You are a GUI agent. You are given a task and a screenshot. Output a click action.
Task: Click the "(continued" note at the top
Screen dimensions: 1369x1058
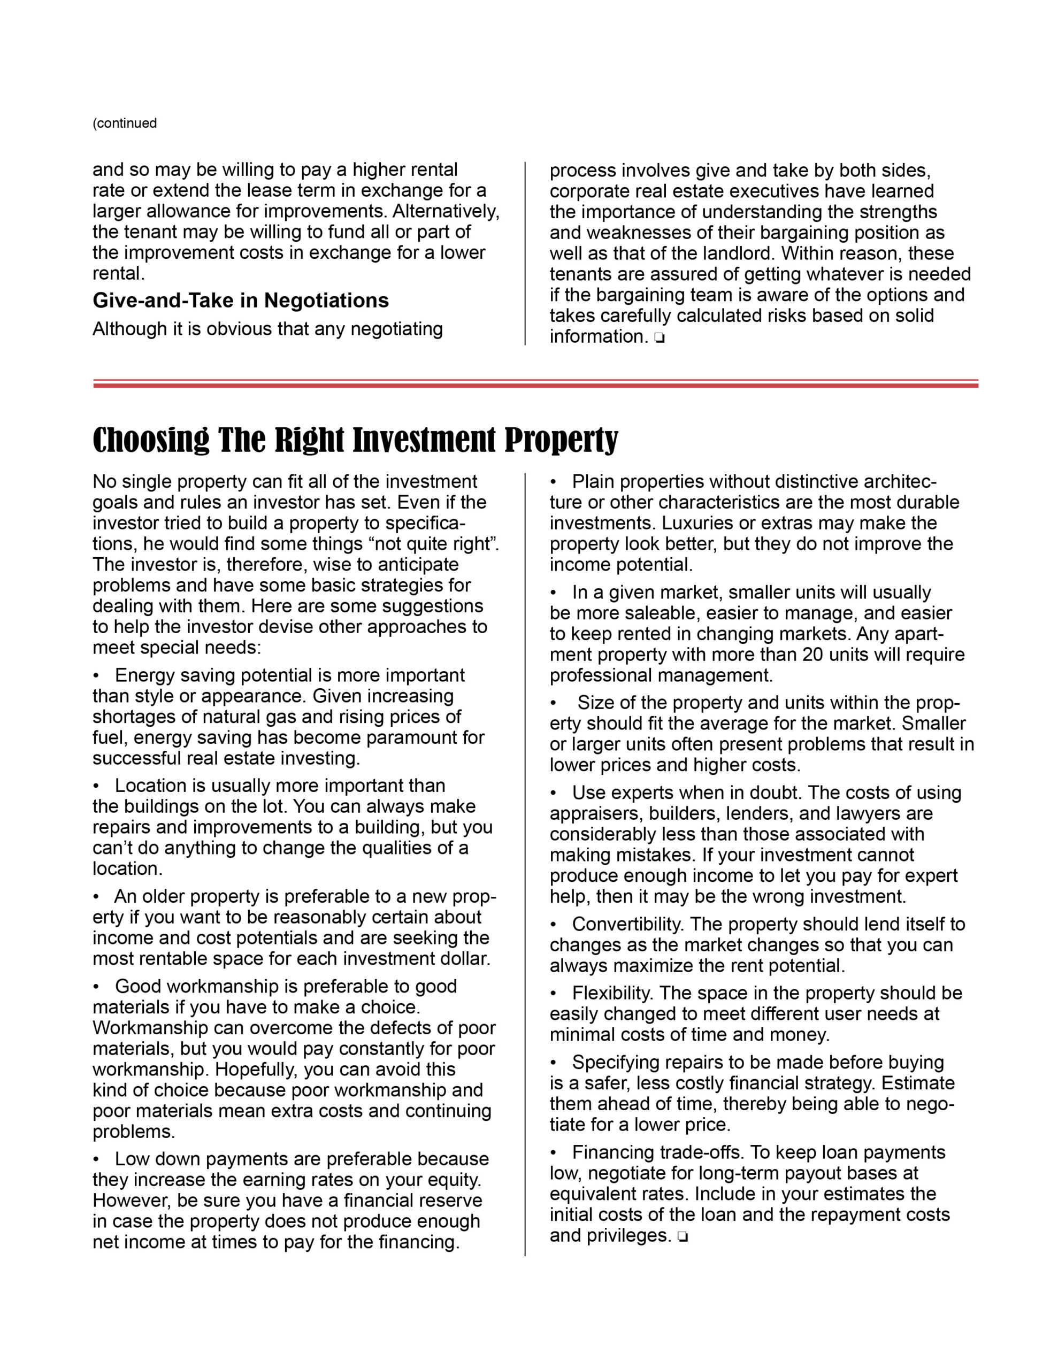pyautogui.click(x=124, y=123)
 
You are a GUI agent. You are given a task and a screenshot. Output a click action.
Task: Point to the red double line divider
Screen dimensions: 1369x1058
pyautogui.click(x=535, y=383)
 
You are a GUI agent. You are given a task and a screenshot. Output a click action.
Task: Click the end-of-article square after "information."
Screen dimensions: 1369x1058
pyautogui.click(x=659, y=339)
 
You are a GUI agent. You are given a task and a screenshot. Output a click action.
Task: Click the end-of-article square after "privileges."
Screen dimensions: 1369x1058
pyautogui.click(x=683, y=1237)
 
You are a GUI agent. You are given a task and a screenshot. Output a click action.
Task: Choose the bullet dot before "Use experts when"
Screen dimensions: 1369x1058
pyautogui.click(x=553, y=793)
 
